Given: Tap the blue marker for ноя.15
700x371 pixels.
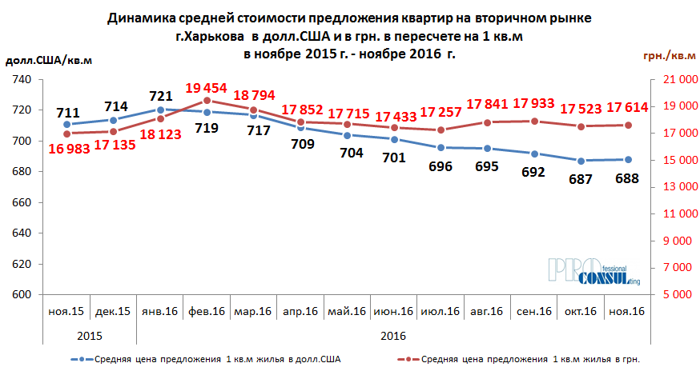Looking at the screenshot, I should pyautogui.click(x=66, y=125).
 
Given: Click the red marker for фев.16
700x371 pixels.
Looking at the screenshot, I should pyautogui.click(x=207, y=101).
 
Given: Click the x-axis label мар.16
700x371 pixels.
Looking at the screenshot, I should pyautogui.click(x=254, y=311).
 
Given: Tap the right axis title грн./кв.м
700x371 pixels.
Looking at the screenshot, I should pyautogui.click(x=668, y=55).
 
